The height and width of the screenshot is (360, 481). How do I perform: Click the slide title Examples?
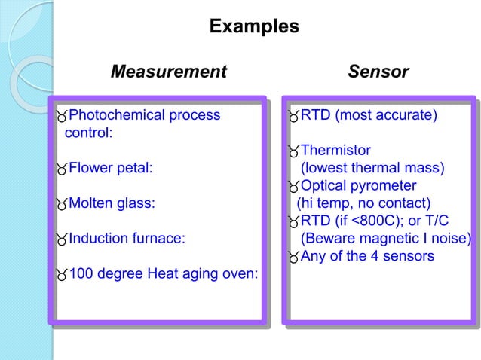[x=253, y=27]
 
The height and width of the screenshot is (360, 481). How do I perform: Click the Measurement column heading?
[x=168, y=72]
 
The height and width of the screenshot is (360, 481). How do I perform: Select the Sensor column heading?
[x=378, y=72]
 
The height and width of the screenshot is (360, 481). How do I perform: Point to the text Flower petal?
[x=111, y=168]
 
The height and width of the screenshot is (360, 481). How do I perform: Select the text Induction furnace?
[x=127, y=239]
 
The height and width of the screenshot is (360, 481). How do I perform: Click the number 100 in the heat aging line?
[x=81, y=273]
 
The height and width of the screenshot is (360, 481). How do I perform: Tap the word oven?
[x=239, y=273]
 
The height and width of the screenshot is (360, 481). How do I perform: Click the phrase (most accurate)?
[x=386, y=116]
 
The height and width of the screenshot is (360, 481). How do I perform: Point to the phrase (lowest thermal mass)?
[x=373, y=168]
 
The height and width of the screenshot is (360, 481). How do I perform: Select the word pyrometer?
[x=384, y=185]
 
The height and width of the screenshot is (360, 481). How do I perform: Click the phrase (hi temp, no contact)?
[x=363, y=203]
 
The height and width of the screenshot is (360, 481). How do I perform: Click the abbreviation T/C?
[x=423, y=221]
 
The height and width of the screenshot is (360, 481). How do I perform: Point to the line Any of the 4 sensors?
[x=367, y=256]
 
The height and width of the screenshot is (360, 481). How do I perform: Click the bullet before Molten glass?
[x=61, y=204]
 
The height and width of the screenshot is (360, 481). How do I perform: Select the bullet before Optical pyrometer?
[x=293, y=187]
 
